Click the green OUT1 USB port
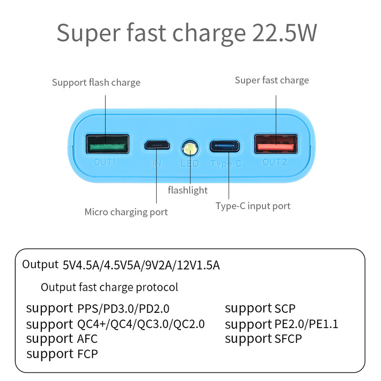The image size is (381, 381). [107, 144]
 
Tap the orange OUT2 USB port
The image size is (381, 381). [277, 144]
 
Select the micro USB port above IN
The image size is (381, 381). [157, 145]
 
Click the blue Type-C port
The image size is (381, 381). [225, 145]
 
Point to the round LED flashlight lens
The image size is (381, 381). [190, 148]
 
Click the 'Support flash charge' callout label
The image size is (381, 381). [96, 82]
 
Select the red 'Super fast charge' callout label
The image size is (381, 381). [271, 80]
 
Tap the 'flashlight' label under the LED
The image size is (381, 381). [188, 190]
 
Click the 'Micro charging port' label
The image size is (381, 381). [126, 212]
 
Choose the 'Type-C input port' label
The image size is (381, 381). [253, 206]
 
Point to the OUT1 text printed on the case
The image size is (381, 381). [105, 162]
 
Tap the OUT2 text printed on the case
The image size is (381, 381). [275, 162]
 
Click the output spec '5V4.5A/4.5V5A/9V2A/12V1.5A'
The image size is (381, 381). [141, 265]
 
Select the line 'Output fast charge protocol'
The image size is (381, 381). [110, 287]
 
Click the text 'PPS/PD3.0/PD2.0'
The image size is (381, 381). [123, 309]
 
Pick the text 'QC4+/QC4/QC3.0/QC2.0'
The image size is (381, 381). [141, 324]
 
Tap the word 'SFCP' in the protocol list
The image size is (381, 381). [288, 339]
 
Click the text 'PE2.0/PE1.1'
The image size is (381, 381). [306, 324]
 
